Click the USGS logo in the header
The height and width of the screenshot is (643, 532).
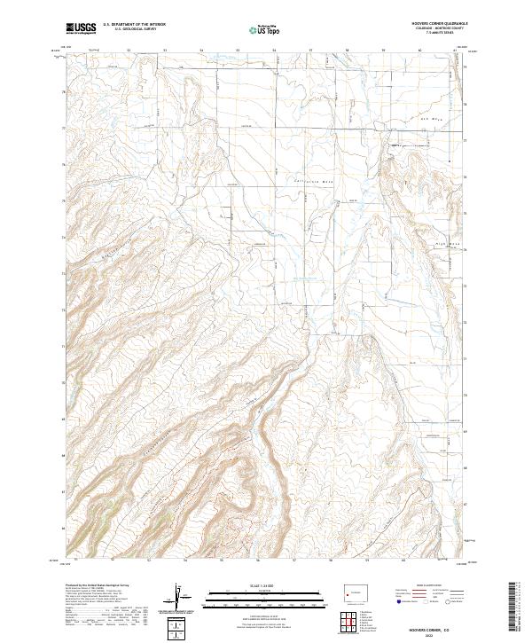(81, 28)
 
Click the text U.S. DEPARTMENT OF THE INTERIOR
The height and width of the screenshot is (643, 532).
(134, 25)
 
